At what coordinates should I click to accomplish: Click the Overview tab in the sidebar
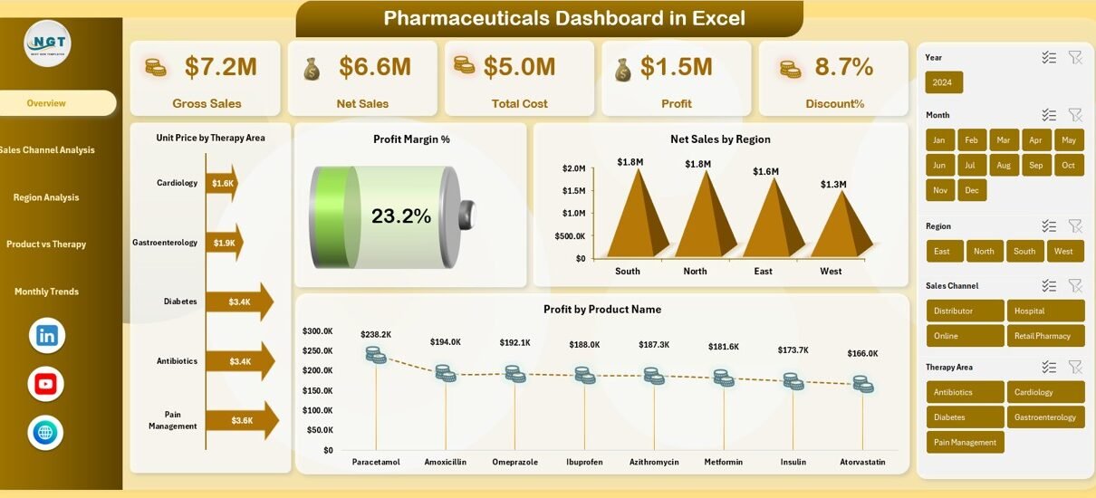pyautogui.click(x=46, y=103)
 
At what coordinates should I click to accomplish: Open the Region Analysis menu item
pyautogui.click(x=46, y=197)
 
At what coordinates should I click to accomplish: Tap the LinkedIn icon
pyautogui.click(x=46, y=336)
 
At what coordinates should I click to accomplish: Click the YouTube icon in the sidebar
pyautogui.click(x=46, y=384)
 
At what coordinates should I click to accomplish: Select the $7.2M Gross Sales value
pyautogui.click(x=220, y=66)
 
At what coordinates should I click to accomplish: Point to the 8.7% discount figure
pyautogui.click(x=843, y=66)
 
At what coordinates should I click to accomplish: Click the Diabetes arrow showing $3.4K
pyautogui.click(x=238, y=302)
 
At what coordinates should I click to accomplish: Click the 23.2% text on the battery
pyautogui.click(x=400, y=215)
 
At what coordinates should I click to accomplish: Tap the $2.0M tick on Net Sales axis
pyautogui.click(x=573, y=168)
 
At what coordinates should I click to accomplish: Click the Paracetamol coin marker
pyautogui.click(x=375, y=355)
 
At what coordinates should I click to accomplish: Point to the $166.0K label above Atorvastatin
pyautogui.click(x=861, y=354)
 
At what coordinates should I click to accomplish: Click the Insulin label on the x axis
pyautogui.click(x=793, y=462)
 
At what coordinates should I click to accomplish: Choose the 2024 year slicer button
pyautogui.click(x=943, y=82)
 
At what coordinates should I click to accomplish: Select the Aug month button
pyautogui.click(x=1004, y=166)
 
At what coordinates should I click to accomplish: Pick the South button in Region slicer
pyautogui.click(x=1024, y=252)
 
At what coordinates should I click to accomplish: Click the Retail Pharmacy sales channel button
pyautogui.click(x=1044, y=336)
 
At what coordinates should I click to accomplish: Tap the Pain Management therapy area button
pyautogui.click(x=965, y=443)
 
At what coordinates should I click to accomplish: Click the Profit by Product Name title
pyautogui.click(x=601, y=310)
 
